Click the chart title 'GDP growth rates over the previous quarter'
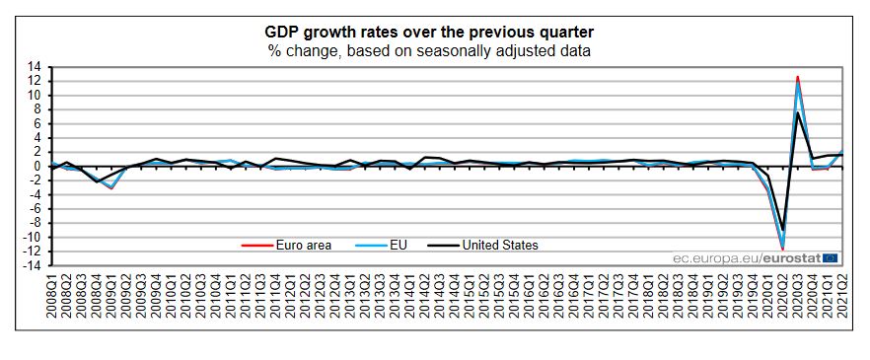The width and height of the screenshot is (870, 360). (429, 31)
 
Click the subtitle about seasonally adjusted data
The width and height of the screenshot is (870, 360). (429, 50)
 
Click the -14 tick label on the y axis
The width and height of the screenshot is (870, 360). (32, 265)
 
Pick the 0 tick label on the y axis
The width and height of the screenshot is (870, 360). (36, 167)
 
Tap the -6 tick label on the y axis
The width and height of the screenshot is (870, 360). (34, 209)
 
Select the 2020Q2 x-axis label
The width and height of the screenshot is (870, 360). (782, 297)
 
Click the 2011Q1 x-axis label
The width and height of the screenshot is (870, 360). (232, 297)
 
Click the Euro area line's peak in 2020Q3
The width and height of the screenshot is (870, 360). (797, 77)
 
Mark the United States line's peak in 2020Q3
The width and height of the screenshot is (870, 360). (797, 112)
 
